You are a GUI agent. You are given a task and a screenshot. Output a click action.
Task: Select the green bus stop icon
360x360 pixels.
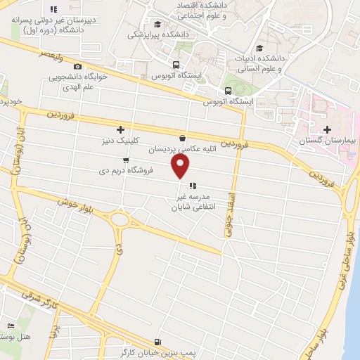coord(228,91)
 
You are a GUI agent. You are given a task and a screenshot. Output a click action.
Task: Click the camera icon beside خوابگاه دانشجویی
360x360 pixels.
coord(77,66)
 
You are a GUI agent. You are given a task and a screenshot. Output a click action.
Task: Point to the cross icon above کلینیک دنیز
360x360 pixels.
coord(121,129)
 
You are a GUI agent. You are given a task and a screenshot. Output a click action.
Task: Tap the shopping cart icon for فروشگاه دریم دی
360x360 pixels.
coord(126,160)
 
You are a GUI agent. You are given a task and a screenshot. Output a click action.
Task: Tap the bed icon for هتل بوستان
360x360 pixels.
coord(10,326)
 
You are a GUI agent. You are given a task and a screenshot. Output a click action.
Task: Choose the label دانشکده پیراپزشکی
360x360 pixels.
coord(155,32)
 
